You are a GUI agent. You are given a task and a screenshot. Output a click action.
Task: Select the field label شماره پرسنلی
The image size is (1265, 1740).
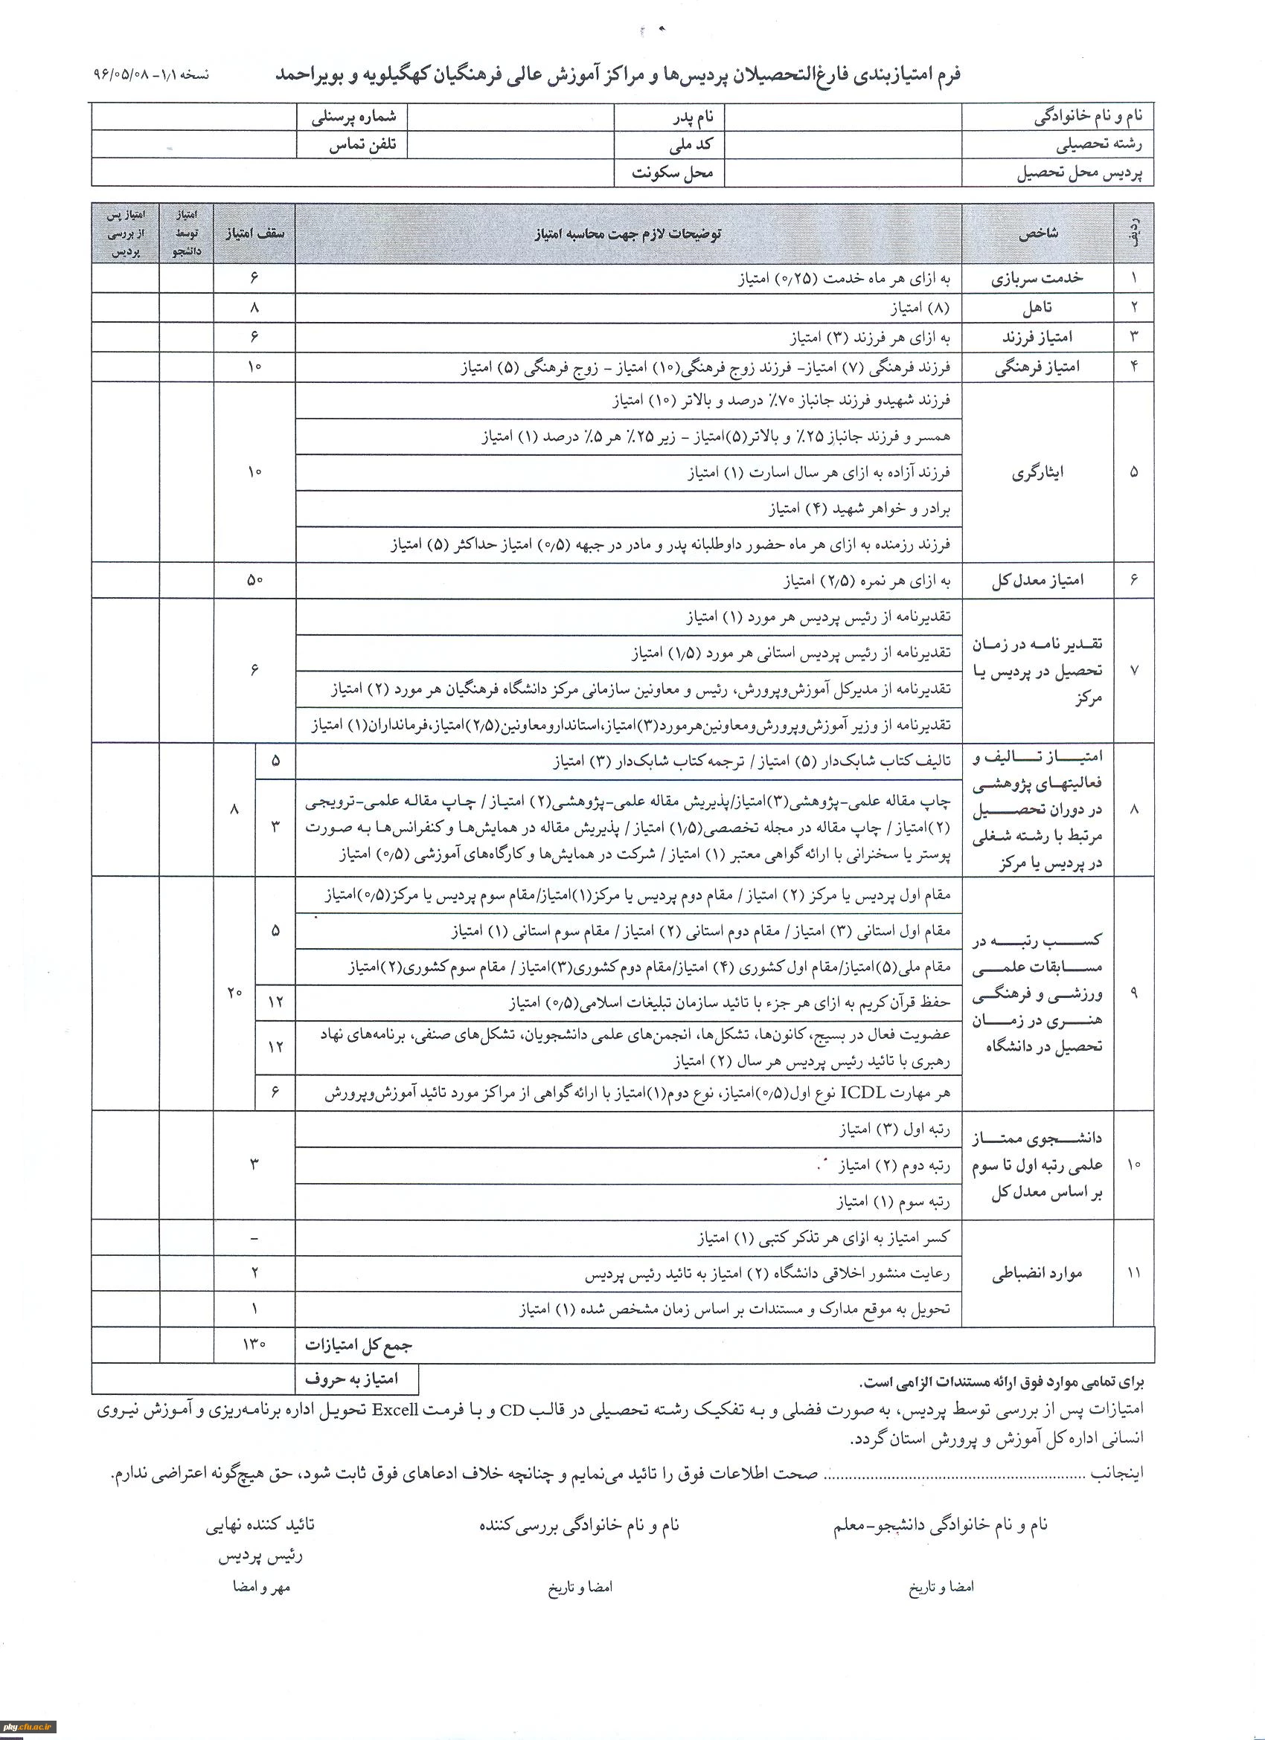point(354,117)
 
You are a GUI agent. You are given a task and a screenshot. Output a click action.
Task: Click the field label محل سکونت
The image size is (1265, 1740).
point(673,173)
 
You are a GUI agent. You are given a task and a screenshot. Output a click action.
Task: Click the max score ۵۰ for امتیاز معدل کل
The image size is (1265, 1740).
point(254,581)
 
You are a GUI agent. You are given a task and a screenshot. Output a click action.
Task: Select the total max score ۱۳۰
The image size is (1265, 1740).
point(254,1344)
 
